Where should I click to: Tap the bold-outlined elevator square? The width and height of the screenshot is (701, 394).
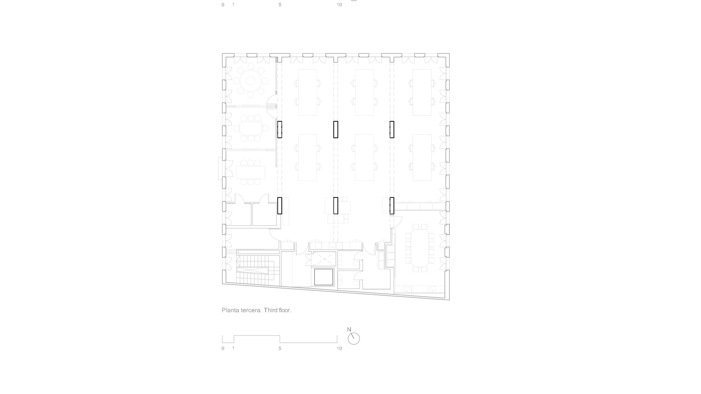(x=323, y=277)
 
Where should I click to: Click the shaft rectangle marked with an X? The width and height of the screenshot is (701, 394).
(x=324, y=258)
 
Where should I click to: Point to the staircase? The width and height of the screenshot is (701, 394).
(x=253, y=268)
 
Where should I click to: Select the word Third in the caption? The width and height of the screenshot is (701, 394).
(x=270, y=310)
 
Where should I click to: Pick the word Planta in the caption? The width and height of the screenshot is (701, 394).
(x=230, y=310)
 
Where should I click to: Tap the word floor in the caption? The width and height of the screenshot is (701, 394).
(x=284, y=310)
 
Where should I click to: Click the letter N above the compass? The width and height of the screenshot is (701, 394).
(x=349, y=329)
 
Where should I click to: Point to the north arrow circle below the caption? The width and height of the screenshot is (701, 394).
(x=354, y=339)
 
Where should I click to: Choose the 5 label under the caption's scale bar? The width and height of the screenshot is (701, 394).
(x=280, y=348)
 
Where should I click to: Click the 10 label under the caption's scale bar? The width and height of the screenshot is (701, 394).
(x=339, y=348)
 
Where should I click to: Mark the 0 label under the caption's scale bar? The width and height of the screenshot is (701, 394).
(x=223, y=348)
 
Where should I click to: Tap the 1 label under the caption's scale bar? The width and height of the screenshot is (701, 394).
(x=234, y=348)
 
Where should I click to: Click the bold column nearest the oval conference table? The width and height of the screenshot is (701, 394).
(x=392, y=205)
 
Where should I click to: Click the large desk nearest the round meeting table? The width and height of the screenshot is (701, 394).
(x=308, y=92)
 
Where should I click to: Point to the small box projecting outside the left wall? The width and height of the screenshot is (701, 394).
(x=220, y=168)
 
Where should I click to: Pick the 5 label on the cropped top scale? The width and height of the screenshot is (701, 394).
(x=280, y=5)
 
